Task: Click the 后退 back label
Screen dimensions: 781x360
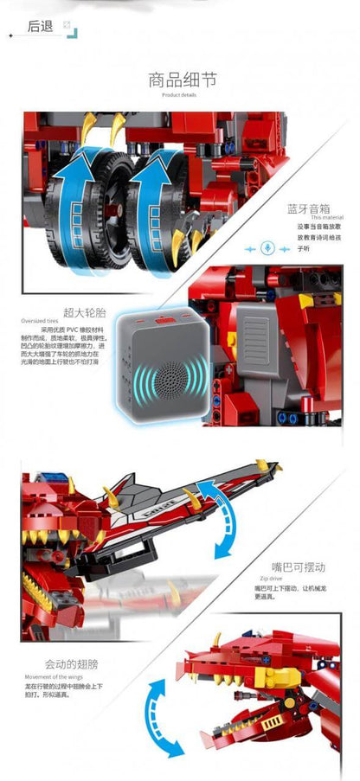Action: point(41,26)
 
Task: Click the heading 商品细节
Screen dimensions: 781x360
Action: point(182,81)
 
